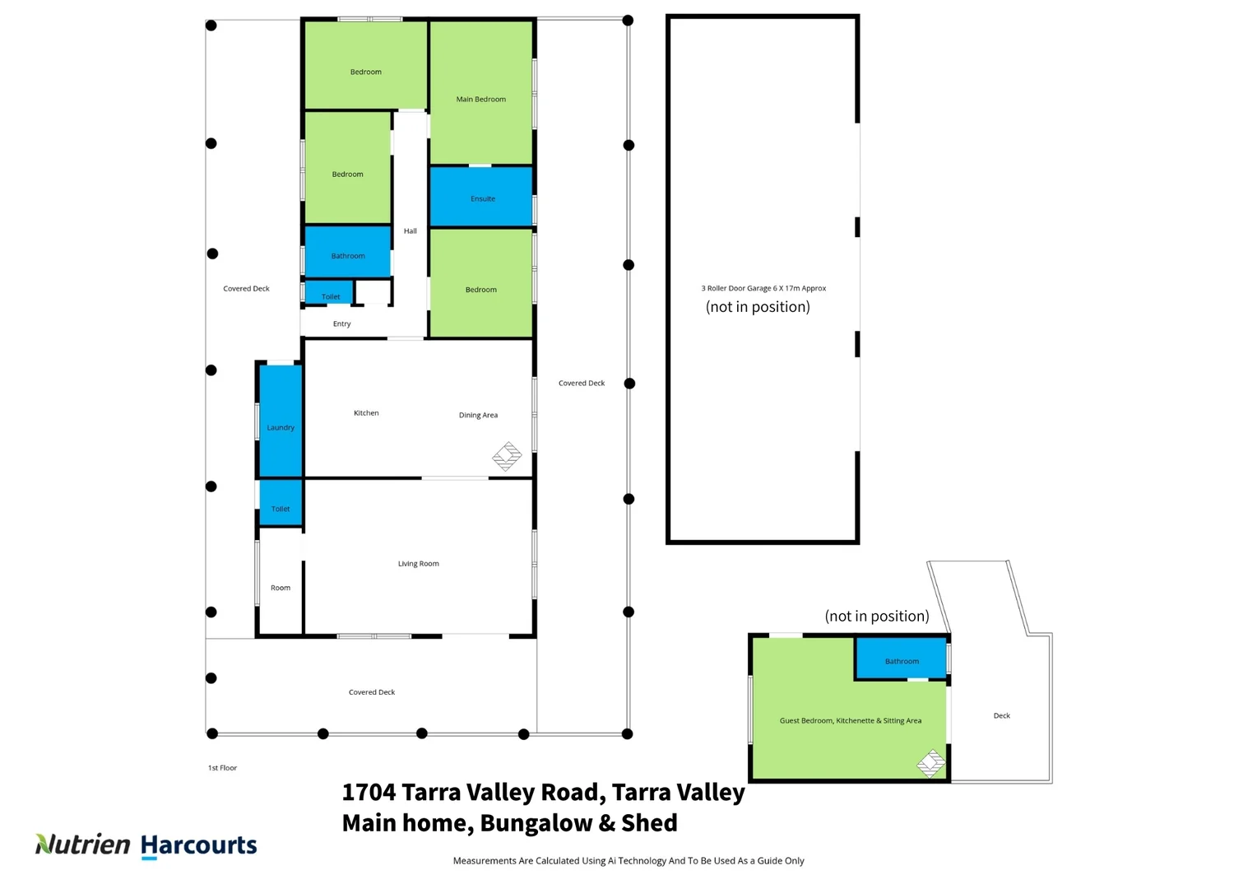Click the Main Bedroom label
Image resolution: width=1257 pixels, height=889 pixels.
(x=480, y=100)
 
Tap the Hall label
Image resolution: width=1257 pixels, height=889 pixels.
(x=410, y=231)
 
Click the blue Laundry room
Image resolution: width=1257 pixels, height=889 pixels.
(x=281, y=420)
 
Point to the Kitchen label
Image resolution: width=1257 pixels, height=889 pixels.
(x=366, y=413)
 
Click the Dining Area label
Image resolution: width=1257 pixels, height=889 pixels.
(x=478, y=416)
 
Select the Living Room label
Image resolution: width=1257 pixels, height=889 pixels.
(x=418, y=564)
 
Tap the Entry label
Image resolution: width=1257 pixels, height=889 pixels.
(x=341, y=324)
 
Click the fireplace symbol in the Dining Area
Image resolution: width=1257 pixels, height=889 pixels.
(x=507, y=456)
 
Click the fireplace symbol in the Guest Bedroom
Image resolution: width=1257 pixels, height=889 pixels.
(x=931, y=763)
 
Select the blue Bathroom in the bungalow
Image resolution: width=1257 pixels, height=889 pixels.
(x=901, y=659)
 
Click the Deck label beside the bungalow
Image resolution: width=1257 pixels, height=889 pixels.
(x=1001, y=716)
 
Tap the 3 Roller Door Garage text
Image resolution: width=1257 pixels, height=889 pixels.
(x=763, y=289)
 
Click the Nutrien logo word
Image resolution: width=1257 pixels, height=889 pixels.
(x=83, y=845)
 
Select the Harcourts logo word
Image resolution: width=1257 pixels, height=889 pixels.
(x=199, y=845)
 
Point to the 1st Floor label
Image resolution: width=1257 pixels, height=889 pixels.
(x=222, y=768)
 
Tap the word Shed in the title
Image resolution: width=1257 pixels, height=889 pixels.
(x=649, y=823)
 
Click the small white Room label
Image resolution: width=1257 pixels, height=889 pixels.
(x=281, y=588)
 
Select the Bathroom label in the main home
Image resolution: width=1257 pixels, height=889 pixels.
(x=348, y=256)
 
